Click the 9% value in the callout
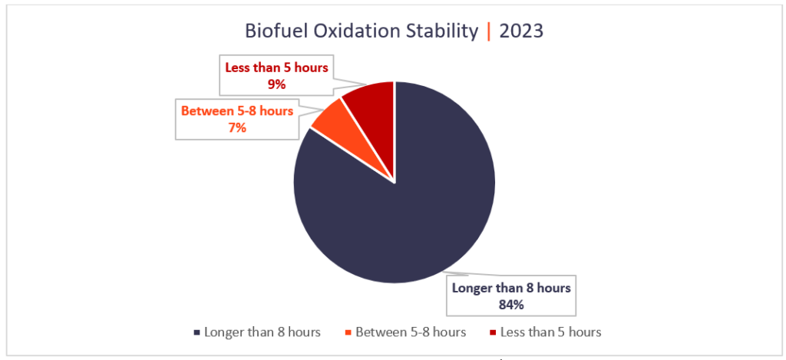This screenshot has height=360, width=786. [276, 84]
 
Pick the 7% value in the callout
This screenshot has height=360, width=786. [236, 128]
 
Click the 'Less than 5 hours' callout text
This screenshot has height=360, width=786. [276, 68]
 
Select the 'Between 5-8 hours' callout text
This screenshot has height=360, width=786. [236, 111]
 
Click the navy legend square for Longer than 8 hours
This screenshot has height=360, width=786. [198, 332]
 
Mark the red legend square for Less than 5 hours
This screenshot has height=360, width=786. [493, 332]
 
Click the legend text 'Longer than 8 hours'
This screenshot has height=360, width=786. [263, 332]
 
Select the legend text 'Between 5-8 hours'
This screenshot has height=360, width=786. [411, 332]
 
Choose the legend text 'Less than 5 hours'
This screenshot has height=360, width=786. [550, 332]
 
